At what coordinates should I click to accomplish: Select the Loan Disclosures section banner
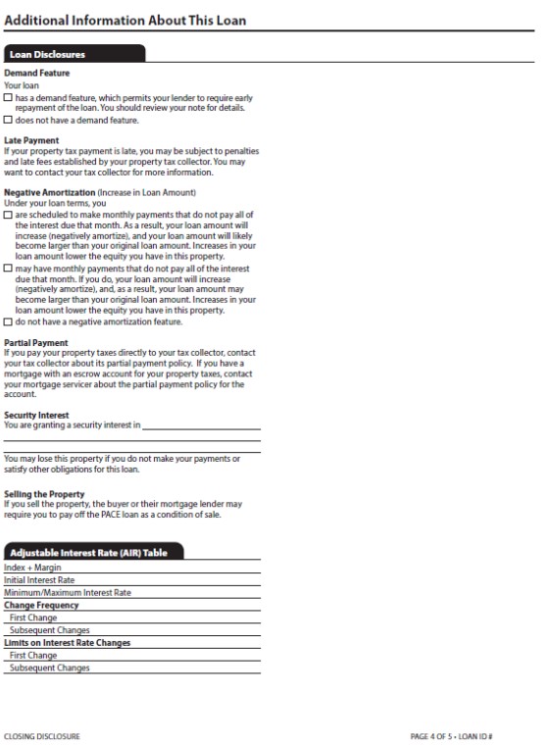pos(74,55)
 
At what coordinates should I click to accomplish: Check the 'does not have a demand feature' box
pos(9,122)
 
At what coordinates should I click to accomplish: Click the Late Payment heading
pos(31,140)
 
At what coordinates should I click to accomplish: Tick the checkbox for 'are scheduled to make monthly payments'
pos(9,215)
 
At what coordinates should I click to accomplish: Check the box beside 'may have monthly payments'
pos(9,268)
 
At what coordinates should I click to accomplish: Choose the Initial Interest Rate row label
pos(39,580)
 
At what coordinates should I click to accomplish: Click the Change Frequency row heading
pos(41,606)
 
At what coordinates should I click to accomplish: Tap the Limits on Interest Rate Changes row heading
pos(67,643)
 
